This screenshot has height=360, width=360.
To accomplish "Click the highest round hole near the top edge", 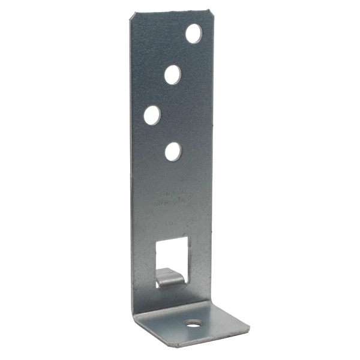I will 193,34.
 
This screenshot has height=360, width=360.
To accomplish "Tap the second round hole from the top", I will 173,74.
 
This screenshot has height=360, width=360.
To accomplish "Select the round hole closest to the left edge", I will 152,115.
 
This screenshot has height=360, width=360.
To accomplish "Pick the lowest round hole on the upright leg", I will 173,151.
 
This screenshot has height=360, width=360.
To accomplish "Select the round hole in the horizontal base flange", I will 193,324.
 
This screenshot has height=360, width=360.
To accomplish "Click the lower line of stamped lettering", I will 173,204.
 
